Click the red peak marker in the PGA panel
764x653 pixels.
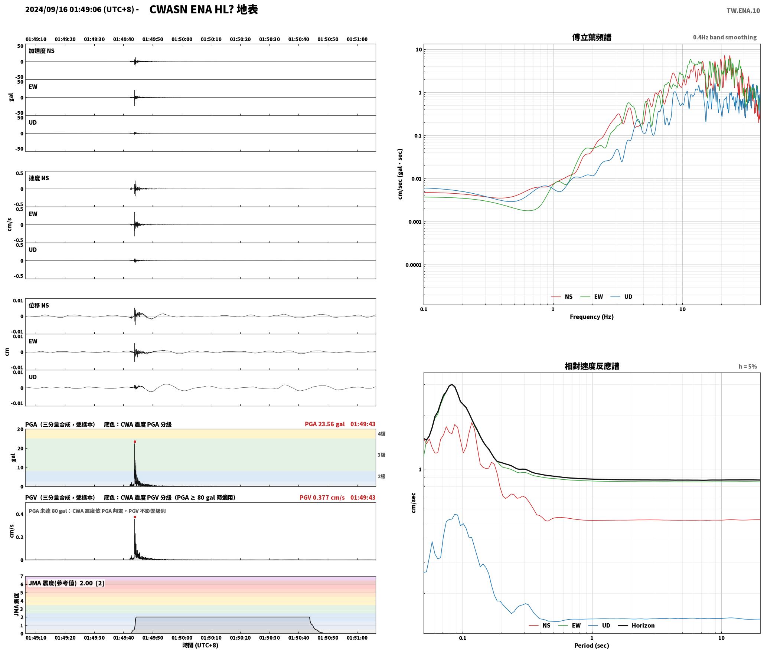point(135,442)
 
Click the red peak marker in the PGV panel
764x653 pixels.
point(135,517)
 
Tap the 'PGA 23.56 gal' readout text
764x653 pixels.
point(324,424)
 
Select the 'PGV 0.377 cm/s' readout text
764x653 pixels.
point(322,498)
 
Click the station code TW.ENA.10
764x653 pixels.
point(743,11)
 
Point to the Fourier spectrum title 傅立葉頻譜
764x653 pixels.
point(592,37)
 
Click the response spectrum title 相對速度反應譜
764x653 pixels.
point(592,366)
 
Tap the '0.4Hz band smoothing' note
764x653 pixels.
point(725,37)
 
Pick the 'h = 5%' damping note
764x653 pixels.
point(747,367)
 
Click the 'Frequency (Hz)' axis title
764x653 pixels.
point(592,316)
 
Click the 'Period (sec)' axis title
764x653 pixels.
point(592,645)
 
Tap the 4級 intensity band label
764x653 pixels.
point(381,434)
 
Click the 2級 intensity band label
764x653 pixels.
point(381,476)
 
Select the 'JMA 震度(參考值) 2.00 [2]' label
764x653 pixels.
point(66,583)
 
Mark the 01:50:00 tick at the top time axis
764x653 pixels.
point(182,39)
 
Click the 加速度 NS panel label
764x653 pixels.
point(42,51)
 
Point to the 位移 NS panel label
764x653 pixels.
point(39,305)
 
